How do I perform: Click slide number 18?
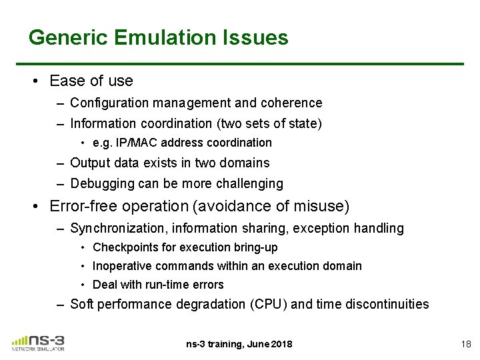[465, 344]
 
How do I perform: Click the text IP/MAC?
[136, 143]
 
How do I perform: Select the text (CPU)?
[269, 304]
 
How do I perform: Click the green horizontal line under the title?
[247, 63]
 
